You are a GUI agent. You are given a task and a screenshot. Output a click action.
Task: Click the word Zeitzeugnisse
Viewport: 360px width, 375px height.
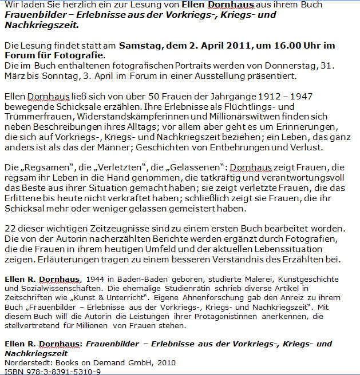pyautogui.click(x=105, y=228)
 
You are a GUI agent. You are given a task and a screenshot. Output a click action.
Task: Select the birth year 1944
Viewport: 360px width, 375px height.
pyautogui.click(x=93, y=279)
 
